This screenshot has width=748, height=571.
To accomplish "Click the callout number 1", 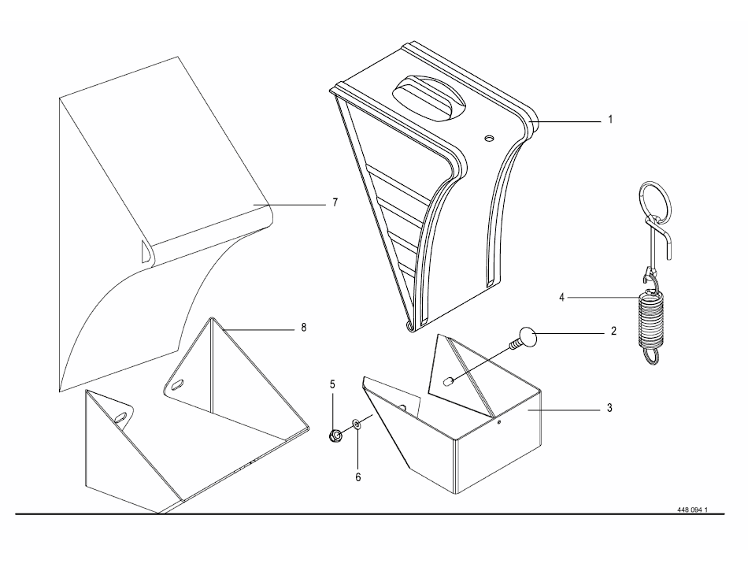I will pyautogui.click(x=609, y=121).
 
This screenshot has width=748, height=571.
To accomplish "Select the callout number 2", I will pyautogui.click(x=613, y=332).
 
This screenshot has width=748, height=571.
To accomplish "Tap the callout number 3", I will pyautogui.click(x=609, y=409).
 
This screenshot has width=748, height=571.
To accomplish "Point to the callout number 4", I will pyautogui.click(x=561, y=298).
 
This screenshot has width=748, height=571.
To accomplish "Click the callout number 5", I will pyautogui.click(x=332, y=385).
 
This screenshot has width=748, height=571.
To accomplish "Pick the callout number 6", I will pyautogui.click(x=358, y=476).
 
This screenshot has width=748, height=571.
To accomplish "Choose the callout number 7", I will pyautogui.click(x=334, y=202).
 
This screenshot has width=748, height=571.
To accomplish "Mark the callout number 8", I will pyautogui.click(x=303, y=326).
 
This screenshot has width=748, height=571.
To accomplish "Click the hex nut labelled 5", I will pyautogui.click(x=335, y=433).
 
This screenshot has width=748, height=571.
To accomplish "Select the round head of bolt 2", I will pyautogui.click(x=527, y=339).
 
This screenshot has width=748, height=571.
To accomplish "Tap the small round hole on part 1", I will pyautogui.click(x=489, y=138).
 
